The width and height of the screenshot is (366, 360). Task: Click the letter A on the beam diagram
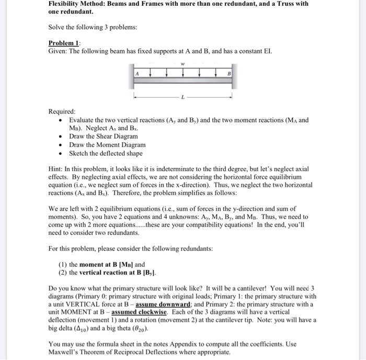point(138,73)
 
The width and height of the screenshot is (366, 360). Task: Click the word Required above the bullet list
point(62,112)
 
